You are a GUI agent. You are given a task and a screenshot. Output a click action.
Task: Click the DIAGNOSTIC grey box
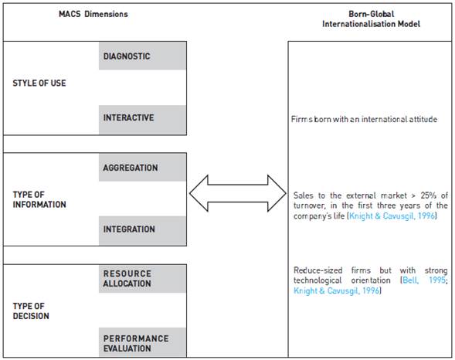[143, 56]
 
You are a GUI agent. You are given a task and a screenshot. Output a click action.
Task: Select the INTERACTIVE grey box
[143, 119]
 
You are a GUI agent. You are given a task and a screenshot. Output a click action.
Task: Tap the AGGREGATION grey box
[143, 168]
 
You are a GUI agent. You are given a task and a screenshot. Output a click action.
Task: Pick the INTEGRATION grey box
[143, 229]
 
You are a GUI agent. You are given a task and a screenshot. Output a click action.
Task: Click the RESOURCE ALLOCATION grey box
[143, 279]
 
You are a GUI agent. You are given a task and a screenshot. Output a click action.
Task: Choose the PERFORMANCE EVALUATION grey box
[143, 343]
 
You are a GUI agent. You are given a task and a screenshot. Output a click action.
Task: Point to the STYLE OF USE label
[39, 83]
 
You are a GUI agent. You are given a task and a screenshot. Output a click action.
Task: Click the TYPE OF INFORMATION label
[39, 199]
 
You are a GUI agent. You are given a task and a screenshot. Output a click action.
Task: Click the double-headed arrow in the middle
[237, 193]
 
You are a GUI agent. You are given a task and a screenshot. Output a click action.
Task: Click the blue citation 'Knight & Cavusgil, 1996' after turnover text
[392, 216]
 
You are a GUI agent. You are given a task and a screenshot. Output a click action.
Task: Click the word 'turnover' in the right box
[311, 205]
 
